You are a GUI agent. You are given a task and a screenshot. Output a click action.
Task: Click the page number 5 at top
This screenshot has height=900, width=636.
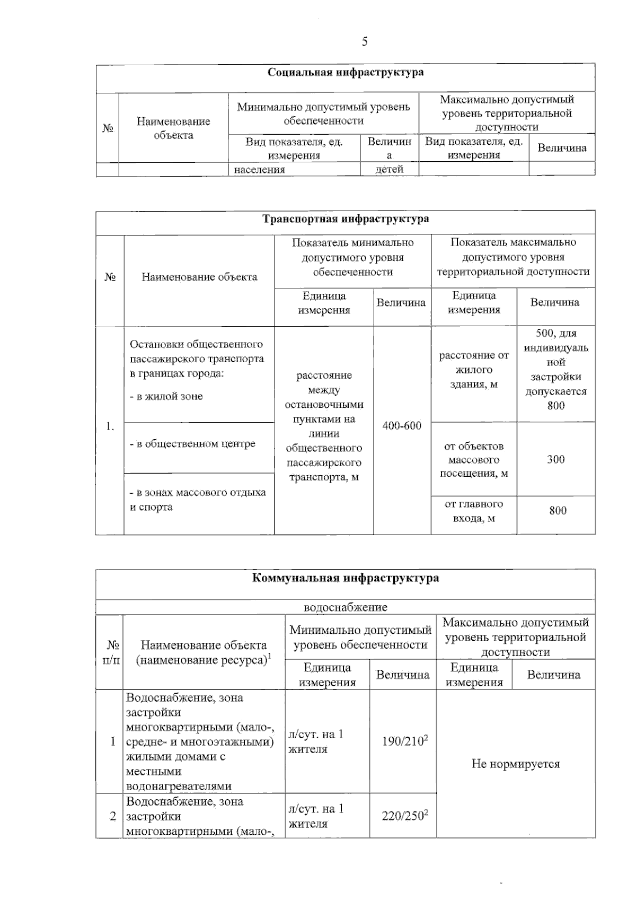tap(365, 42)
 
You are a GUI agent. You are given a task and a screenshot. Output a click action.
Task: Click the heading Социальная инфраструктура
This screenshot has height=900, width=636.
tap(346, 73)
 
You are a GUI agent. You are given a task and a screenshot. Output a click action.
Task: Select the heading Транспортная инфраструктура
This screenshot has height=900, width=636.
tap(346, 219)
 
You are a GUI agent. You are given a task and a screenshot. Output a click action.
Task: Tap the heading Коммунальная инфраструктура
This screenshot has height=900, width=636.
tap(346, 578)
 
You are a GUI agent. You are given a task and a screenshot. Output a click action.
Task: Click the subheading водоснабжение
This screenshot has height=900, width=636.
tap(346, 607)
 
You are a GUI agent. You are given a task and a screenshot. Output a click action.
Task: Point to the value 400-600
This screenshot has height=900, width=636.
tap(402, 426)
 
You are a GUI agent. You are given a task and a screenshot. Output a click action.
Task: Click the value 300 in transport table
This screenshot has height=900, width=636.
tap(556, 459)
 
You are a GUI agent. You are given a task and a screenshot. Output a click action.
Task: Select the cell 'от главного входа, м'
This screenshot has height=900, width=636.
tap(474, 511)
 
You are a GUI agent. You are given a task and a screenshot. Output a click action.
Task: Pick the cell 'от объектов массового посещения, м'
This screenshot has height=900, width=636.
tap(474, 459)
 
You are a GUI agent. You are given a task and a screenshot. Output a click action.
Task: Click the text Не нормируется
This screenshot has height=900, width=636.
tap(516, 764)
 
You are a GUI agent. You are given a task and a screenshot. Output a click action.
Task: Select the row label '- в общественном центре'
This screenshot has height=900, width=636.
tap(193, 444)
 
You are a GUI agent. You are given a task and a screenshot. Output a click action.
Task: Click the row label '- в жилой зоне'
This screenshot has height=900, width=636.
tap(166, 397)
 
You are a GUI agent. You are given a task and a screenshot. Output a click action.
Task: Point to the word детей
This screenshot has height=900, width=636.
tap(390, 169)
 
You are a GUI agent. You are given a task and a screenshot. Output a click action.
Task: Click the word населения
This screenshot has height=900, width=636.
tap(260, 169)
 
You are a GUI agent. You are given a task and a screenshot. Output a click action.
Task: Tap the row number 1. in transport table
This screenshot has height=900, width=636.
tap(110, 426)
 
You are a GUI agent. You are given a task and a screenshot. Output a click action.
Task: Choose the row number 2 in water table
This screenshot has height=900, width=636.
tap(112, 816)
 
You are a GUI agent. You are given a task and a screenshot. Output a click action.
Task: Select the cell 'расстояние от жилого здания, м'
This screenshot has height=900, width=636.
tap(474, 370)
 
